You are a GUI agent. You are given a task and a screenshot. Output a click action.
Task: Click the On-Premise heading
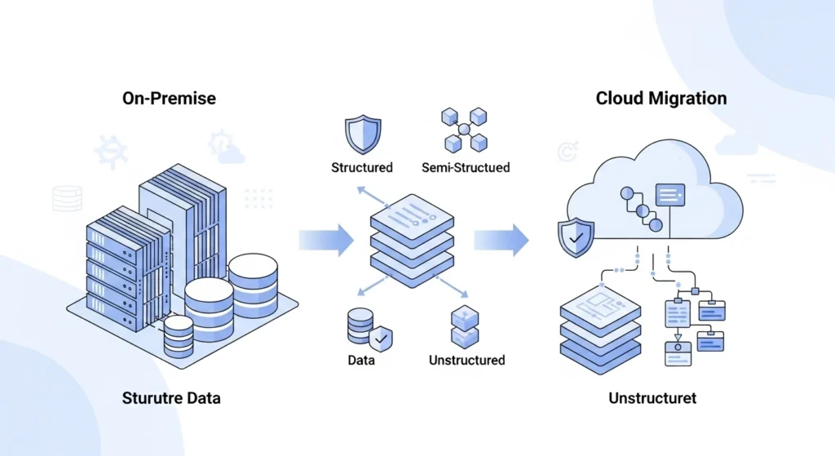(169, 98)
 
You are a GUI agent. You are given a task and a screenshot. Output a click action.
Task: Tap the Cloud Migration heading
(661, 99)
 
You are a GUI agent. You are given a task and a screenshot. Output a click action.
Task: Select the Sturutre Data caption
(170, 399)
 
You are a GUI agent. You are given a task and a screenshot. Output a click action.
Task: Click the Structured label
(362, 167)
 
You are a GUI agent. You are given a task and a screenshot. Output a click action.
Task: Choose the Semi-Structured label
(466, 167)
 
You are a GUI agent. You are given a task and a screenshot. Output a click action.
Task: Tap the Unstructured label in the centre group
(466, 360)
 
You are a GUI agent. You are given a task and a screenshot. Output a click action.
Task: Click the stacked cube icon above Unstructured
(464, 326)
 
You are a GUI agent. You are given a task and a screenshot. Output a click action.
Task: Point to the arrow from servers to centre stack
(326, 240)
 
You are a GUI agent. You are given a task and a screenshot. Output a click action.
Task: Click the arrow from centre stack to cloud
(501, 240)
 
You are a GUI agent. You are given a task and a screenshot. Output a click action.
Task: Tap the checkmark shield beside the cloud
(576, 237)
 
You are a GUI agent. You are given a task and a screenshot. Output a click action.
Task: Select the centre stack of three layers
(411, 237)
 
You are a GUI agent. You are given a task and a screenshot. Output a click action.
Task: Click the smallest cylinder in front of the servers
(179, 336)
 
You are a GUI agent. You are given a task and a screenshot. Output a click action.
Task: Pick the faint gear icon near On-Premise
(110, 152)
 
